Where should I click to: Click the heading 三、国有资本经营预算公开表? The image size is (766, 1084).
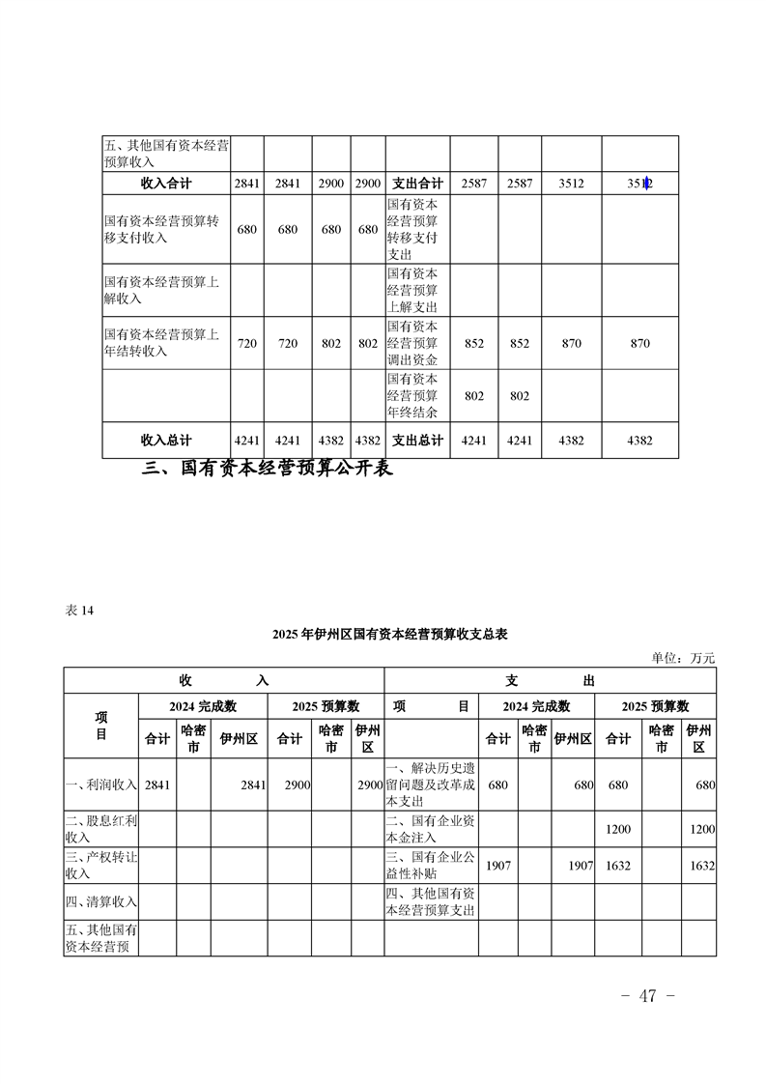click(268, 471)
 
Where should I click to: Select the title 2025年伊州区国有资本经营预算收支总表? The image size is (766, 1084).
click(390, 635)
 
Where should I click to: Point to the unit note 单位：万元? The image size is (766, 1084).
click(684, 658)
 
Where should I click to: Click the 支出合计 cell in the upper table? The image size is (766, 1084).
click(417, 184)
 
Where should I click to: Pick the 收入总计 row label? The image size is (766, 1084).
click(166, 440)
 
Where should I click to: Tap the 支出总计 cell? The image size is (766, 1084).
click(417, 440)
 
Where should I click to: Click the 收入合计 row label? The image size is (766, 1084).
click(166, 184)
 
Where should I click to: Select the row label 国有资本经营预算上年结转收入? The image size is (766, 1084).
click(162, 343)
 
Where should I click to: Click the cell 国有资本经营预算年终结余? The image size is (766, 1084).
click(412, 395)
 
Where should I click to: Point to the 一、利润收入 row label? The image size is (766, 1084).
click(100, 785)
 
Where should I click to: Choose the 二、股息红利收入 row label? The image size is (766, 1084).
click(100, 829)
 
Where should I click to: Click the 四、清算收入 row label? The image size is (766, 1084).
click(100, 902)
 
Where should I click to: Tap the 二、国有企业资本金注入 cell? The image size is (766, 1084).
click(430, 829)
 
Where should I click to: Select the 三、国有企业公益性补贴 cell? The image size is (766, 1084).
click(430, 866)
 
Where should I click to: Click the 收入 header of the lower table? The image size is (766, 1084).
click(224, 680)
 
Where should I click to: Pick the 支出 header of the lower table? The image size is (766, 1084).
click(550, 680)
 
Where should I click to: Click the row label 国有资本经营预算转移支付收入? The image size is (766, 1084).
click(162, 229)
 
